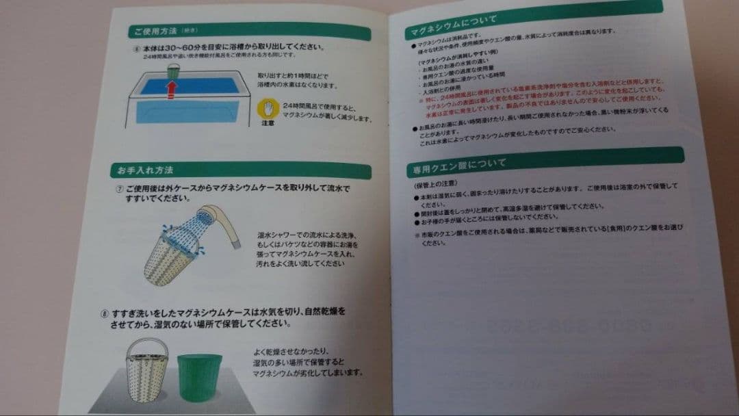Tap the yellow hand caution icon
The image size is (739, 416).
[x=268, y=109]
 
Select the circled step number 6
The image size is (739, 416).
[x=136, y=49]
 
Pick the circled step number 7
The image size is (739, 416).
[x=120, y=187]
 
